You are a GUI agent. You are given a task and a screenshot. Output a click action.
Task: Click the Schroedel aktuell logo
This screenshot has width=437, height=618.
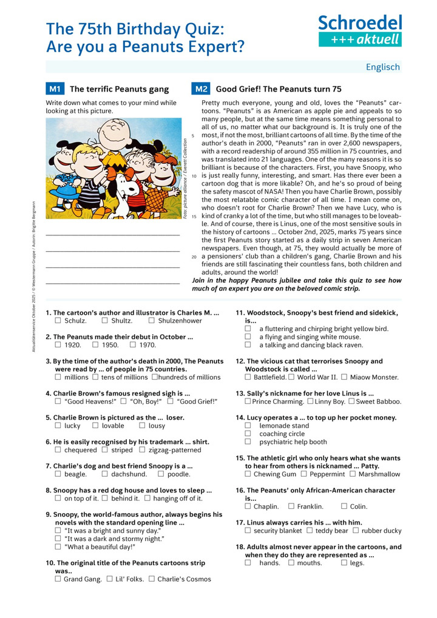tap(360, 31)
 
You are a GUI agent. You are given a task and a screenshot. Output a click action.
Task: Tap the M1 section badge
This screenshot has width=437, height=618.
tap(55, 89)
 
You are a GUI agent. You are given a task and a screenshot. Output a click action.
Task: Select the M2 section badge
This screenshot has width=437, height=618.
tap(201, 89)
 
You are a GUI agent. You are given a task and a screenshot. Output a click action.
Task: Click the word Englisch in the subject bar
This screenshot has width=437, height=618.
tap(382, 67)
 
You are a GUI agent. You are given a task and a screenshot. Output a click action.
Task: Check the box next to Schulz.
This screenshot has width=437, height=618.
tap(58, 321)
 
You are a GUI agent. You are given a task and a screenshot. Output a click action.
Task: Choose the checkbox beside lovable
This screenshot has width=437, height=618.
tap(96, 426)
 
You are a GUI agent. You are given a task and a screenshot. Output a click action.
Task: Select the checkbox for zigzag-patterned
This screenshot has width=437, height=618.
tap(142, 450)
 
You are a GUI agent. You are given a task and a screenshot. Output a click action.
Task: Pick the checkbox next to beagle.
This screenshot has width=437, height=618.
tap(58, 474)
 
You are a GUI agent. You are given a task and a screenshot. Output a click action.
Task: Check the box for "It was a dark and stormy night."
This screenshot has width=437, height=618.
tap(58, 539)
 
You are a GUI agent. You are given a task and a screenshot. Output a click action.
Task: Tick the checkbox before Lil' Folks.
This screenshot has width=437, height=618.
tap(110, 579)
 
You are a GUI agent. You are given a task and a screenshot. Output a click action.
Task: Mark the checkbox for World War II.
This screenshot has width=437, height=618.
tap(291, 377)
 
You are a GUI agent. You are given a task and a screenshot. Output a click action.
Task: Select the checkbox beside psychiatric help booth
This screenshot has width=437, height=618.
tap(248, 442)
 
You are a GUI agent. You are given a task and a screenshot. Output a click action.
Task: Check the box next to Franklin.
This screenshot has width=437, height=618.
tap(291, 506)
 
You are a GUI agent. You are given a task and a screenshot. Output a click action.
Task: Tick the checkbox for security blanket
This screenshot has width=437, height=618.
tap(248, 531)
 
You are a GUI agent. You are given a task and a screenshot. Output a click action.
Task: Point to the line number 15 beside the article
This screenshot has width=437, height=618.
tap(194, 217)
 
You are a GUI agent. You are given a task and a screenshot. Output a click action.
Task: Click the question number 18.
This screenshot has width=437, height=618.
tap(240, 547)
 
